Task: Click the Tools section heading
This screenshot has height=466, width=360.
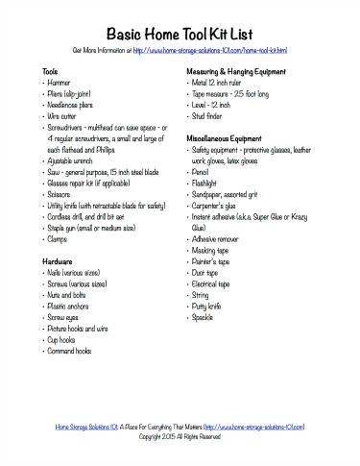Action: point(51,72)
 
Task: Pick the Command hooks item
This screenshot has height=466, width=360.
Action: point(70,351)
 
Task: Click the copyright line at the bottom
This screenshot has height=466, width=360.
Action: point(180,436)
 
